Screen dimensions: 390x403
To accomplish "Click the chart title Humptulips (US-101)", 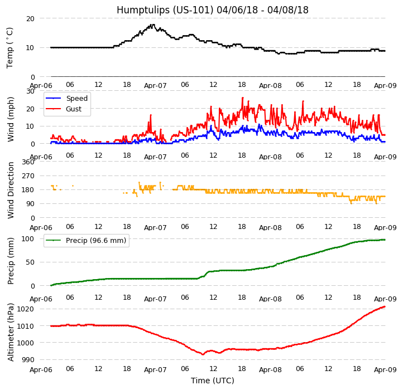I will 212,10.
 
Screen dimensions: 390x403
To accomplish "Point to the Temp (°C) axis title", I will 10,47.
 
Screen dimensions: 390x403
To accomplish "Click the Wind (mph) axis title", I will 11,119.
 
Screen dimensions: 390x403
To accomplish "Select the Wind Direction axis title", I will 11,190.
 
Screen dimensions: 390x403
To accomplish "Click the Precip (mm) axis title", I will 11,261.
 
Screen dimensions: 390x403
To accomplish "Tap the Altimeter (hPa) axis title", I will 11,332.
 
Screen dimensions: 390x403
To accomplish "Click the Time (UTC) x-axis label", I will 212,381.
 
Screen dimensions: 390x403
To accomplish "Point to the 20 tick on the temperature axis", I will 30,18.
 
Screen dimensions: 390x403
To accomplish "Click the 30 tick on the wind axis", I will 30,91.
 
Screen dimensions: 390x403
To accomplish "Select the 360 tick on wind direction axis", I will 28,162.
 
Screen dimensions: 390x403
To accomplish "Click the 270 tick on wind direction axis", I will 28,176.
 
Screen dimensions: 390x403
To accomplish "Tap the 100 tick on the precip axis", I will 28,239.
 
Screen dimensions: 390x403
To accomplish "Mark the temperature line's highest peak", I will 152,24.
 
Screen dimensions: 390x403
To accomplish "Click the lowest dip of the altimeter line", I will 203,354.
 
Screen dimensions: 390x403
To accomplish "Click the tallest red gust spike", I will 242,97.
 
